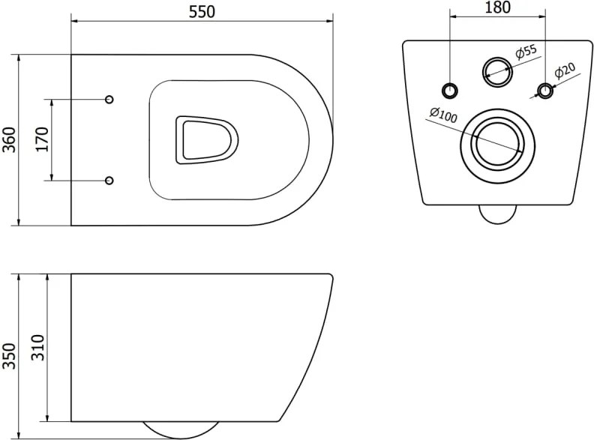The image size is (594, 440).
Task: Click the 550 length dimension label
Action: (202, 12)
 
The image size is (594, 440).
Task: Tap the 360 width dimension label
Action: (10, 139)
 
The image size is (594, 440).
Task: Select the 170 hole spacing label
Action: (43, 139)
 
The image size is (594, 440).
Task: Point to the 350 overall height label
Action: (10, 356)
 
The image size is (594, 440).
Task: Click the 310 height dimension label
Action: (38, 348)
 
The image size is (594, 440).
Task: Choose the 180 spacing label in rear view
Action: (497, 7)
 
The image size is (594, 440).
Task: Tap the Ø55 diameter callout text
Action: (526, 52)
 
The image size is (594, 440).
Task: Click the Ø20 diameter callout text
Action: (565, 70)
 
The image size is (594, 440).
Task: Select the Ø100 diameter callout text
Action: (443, 115)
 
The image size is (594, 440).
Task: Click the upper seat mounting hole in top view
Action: (109, 99)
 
